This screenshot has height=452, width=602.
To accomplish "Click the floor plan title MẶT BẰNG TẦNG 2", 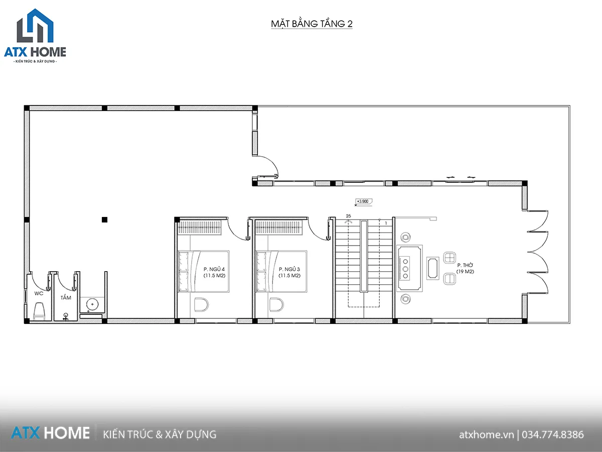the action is [312, 24].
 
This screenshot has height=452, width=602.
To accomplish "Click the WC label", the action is [39, 293].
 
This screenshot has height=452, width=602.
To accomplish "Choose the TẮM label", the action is [66, 297].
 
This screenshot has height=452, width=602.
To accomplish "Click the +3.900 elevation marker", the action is [364, 201].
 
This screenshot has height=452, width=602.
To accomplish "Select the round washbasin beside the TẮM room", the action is [92, 304].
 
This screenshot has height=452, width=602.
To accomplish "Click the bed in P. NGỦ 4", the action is [204, 271].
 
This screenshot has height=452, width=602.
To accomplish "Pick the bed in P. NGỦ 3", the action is [281, 271].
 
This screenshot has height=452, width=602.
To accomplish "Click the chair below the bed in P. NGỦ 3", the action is [276, 305].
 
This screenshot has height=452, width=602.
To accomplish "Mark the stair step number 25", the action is [348, 216].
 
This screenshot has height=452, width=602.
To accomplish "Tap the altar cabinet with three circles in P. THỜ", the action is [409, 268].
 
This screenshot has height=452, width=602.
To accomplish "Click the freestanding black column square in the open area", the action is [104, 219].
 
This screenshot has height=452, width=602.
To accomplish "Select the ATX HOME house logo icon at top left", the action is [35, 26].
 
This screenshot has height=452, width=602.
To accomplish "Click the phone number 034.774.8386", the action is [553, 435].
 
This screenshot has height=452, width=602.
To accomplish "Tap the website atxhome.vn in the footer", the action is [486, 435].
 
